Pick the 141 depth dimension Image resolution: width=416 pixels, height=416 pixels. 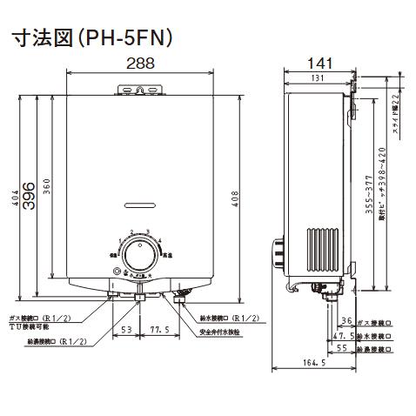[x=317, y=63]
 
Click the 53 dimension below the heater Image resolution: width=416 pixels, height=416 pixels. [x=125, y=330]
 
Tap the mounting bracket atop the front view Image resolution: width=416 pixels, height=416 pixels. [x=138, y=89]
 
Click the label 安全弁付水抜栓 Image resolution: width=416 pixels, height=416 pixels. [x=225, y=332]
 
